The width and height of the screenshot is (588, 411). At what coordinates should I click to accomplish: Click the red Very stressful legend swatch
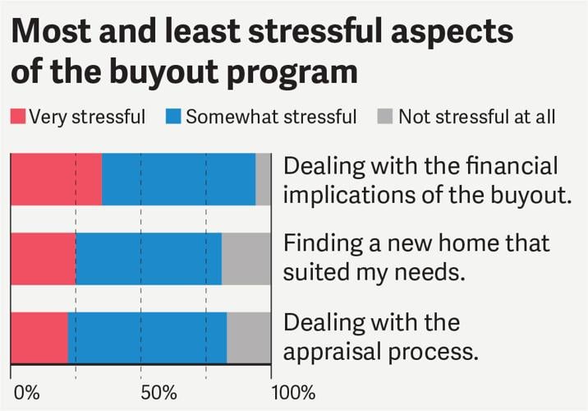(17, 117)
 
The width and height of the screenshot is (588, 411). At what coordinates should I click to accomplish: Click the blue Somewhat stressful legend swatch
(173, 117)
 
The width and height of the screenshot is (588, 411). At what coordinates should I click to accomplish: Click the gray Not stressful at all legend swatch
(385, 117)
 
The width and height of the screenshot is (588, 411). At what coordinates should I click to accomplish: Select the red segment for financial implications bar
(56, 178)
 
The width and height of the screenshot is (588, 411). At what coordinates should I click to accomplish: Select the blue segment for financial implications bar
(178, 178)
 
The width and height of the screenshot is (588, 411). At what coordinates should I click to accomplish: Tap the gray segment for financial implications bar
(263, 178)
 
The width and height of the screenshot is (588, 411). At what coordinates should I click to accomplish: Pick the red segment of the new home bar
(43, 258)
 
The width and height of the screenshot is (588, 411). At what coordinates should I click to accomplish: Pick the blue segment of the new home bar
(149, 258)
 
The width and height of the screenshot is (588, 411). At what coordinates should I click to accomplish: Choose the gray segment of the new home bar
(246, 258)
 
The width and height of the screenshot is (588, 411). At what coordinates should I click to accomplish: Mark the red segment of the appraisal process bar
(39, 337)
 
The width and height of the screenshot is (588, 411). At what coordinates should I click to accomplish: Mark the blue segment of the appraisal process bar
(147, 337)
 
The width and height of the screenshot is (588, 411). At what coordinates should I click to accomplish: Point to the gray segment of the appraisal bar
(248, 337)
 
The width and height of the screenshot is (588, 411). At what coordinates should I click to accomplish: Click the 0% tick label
(26, 391)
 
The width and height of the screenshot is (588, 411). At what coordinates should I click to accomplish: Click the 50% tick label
(141, 391)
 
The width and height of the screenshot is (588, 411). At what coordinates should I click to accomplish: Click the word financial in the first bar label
(511, 167)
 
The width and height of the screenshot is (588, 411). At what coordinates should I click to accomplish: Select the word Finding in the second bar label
(320, 246)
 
